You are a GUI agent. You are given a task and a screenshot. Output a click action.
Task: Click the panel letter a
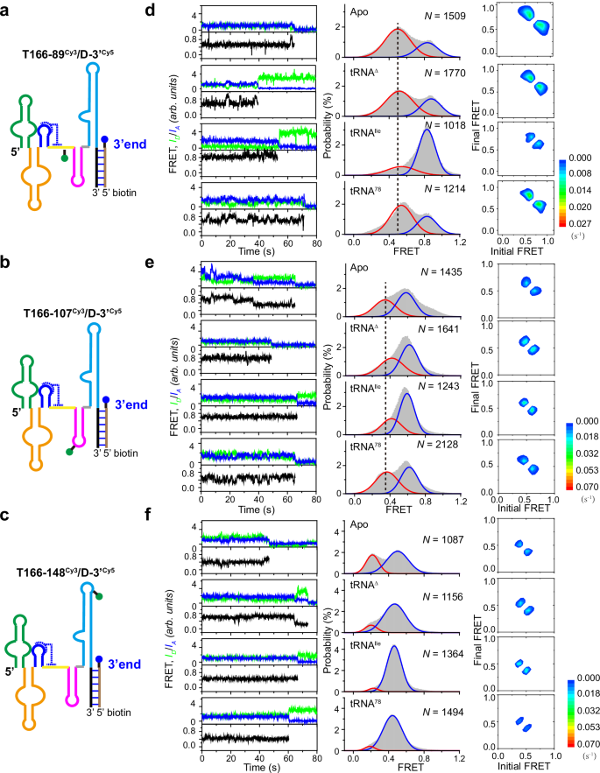coord(8,9)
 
